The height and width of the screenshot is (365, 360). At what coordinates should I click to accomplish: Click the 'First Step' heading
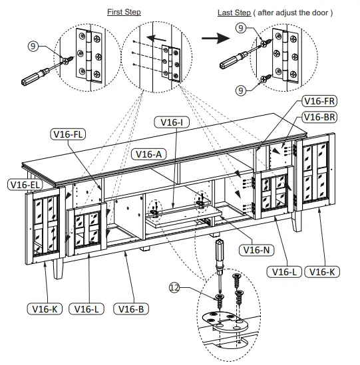coord(124,13)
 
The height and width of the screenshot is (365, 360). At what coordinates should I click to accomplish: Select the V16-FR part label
coord(319,102)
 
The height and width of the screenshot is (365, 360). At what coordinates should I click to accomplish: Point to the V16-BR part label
coord(319,116)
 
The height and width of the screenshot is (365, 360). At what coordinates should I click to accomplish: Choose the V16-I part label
coord(172,122)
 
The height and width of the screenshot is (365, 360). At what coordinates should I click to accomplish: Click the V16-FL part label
coord(70,134)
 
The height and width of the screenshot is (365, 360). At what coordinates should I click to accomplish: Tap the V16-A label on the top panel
coord(151,154)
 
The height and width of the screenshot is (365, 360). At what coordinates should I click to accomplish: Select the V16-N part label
coord(256,250)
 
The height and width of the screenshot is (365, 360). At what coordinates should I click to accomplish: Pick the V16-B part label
coord(132,308)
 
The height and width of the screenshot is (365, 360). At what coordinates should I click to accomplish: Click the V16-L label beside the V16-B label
coord(89,308)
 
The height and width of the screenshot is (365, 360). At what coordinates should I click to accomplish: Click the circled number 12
coord(174,287)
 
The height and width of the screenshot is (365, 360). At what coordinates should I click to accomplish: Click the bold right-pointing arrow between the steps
coord(213,39)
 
